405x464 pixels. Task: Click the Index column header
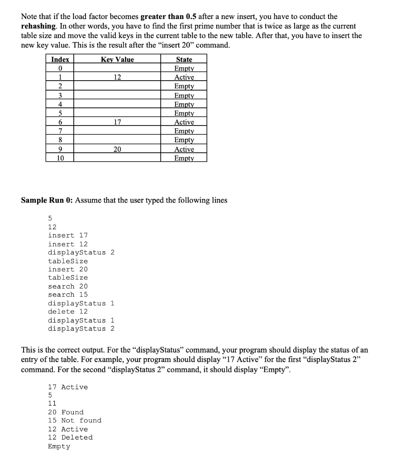tap(60, 59)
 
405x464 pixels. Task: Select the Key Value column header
tap(117, 59)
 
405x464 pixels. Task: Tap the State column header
tap(184, 59)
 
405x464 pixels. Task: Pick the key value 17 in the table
tap(117, 122)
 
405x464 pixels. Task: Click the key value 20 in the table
tap(117, 150)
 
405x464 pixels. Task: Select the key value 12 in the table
tap(117, 77)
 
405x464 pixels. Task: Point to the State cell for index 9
tap(184, 150)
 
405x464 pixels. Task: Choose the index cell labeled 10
tap(60, 158)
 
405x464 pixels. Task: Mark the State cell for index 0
tap(184, 68)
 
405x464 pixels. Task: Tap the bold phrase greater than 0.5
tap(168, 16)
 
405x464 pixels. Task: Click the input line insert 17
tap(68, 235)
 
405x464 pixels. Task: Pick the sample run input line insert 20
tap(68, 269)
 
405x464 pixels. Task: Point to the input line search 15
tap(68, 295)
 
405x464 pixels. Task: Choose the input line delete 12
tap(68, 311)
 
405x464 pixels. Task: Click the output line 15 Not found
tap(75, 420)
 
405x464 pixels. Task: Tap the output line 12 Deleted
tap(70, 437)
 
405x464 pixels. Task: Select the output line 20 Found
tap(66, 412)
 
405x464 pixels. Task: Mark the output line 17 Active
tap(68, 387)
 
